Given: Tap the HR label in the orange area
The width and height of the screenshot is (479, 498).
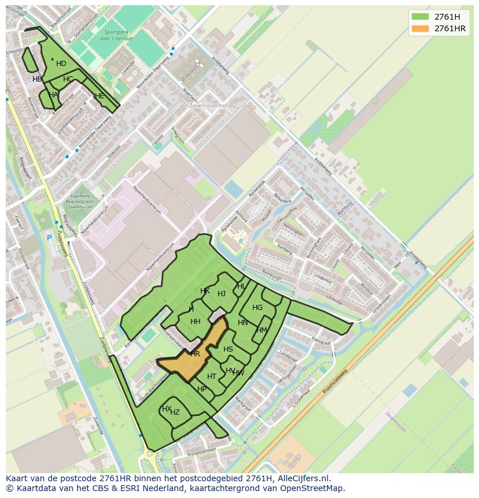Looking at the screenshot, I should pos(195,353).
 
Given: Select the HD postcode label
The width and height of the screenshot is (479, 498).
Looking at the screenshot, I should pos(61,64).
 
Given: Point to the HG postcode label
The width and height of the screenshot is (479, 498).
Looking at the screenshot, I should pos(257,308).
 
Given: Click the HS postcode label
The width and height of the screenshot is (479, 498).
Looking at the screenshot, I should pos(228,349).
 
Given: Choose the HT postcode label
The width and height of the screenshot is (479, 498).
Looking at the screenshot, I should pos(212,377).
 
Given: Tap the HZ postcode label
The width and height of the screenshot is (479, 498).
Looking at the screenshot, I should pos(175,412).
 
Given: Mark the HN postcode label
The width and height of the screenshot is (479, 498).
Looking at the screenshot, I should pos(242,323).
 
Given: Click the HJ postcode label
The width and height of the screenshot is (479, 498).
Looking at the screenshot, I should pos(222,294).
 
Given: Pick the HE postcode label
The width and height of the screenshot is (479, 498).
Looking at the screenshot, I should pos(100,96).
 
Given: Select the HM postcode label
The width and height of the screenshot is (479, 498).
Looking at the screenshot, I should pos(262,330).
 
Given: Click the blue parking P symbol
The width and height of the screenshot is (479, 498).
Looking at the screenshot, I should pos(49,238).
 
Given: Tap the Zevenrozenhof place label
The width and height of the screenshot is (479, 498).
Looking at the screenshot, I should pos(208,106).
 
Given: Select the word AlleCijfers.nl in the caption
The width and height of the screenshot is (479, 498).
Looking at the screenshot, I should pos(302,478).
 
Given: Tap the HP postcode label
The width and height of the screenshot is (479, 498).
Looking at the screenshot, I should pos(202,389).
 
